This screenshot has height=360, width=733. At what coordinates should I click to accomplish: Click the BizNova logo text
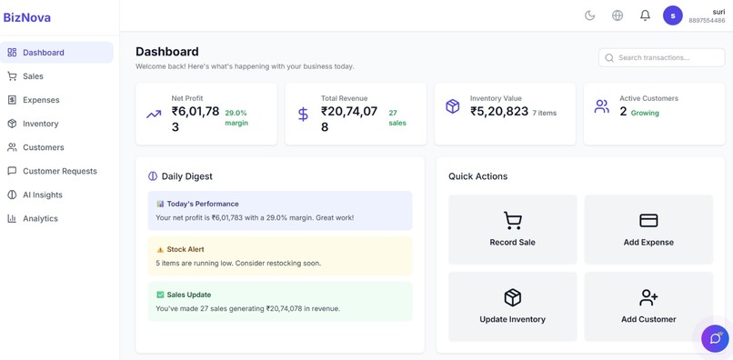click(x=27, y=17)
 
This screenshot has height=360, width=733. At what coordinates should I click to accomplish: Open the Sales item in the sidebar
click(x=33, y=76)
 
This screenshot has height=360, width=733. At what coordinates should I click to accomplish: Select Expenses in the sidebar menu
click(x=41, y=100)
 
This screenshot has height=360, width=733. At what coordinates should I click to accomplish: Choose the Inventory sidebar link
click(x=40, y=124)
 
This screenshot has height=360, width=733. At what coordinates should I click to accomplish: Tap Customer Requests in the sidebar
click(x=59, y=171)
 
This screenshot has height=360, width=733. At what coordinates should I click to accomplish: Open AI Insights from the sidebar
click(x=42, y=195)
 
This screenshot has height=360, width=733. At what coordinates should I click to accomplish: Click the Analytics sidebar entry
click(x=40, y=218)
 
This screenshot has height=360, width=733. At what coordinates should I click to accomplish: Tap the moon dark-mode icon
click(x=589, y=15)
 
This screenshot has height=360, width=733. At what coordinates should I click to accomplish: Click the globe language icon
click(x=618, y=15)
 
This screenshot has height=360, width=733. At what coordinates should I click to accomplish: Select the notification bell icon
click(x=645, y=15)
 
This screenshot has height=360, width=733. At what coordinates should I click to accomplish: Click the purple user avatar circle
click(x=673, y=15)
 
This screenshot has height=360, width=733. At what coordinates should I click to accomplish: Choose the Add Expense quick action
click(x=648, y=229)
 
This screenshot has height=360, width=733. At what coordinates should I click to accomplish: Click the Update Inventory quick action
click(x=512, y=306)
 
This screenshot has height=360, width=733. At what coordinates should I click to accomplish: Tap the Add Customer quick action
click(x=648, y=306)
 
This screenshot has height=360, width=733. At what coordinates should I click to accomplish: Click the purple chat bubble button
click(x=715, y=338)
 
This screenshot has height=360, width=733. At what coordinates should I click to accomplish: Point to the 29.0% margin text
click(x=236, y=117)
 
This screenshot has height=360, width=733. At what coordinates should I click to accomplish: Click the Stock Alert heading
click(x=185, y=249)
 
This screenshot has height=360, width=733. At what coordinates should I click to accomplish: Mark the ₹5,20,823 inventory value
click(x=499, y=111)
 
